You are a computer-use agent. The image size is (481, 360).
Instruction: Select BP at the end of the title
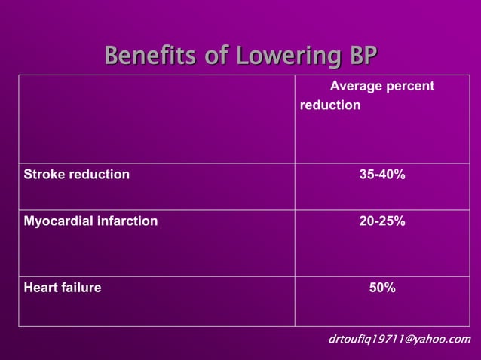coord(359,56)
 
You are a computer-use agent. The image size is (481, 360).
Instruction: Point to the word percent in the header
coord(411,87)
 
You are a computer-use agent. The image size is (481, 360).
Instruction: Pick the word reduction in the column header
coord(330,105)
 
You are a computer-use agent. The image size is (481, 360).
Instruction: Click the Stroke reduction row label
coord(77,175)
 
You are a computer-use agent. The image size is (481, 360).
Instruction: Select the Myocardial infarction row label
coord(91,221)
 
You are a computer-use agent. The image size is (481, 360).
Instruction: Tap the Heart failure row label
coord(63,287)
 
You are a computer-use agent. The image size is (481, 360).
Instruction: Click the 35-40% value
coord(382,175)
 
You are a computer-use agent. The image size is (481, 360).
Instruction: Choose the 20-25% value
coord(382,221)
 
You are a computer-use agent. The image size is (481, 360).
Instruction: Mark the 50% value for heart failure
coord(382,287)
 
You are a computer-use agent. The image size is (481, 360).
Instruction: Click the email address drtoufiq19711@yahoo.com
coord(400,340)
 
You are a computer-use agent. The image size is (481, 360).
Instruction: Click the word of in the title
coord(221,56)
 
